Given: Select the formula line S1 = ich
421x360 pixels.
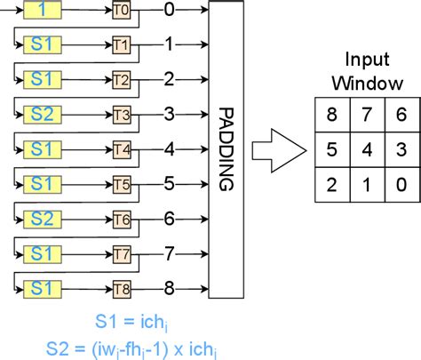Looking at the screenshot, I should click(132, 321).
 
